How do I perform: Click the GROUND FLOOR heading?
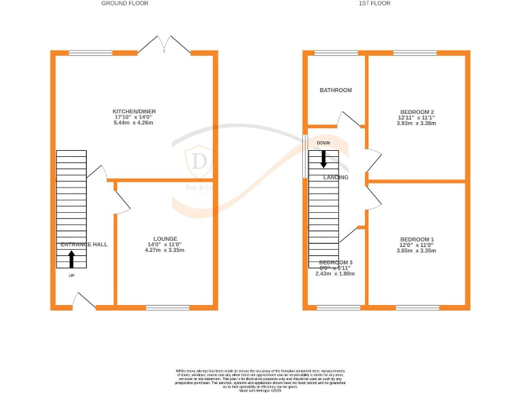pyautogui.click(x=125, y=3)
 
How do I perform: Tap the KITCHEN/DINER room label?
pyautogui.click(x=133, y=111)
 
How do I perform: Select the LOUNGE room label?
pyautogui.click(x=165, y=239)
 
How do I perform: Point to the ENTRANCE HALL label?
pyautogui.click(x=84, y=244)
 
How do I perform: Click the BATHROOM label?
pyautogui.click(x=336, y=90)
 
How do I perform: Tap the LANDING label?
pyautogui.click(x=336, y=177)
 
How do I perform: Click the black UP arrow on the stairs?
pyautogui.click(x=72, y=259)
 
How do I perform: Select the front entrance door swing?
pyautogui.click(x=85, y=300)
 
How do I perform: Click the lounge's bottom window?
pyautogui.click(x=167, y=308)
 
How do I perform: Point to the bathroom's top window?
pyautogui.click(x=336, y=53)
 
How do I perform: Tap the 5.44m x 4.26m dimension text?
pyautogui.click(x=133, y=123)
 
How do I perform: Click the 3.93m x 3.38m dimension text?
pyautogui.click(x=417, y=123)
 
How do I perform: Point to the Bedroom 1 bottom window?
pyautogui.click(x=418, y=308)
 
